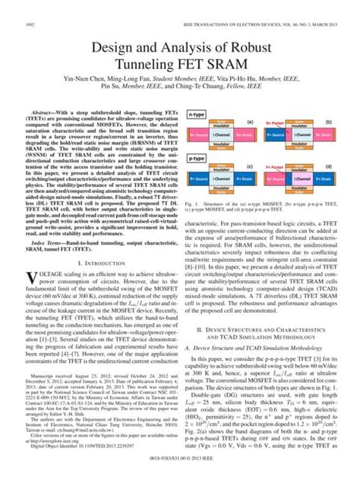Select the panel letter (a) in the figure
pos(251,122)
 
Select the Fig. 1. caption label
pos(192,204)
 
